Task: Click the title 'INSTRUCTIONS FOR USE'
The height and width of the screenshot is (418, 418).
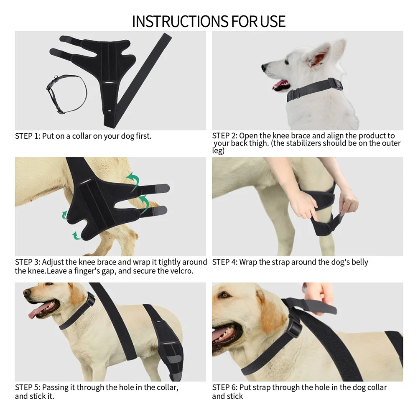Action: [209, 21]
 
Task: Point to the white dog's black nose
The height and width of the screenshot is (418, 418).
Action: [264, 67]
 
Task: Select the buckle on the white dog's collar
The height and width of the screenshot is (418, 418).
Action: [335, 84]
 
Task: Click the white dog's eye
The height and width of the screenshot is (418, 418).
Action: [288, 62]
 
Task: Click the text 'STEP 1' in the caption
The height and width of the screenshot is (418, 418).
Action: [27, 136]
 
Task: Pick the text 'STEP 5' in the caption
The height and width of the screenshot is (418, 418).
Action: [27, 387]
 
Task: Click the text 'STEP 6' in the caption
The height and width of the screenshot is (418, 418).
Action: [224, 387]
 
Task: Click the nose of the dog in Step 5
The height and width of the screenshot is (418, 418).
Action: [26, 291]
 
